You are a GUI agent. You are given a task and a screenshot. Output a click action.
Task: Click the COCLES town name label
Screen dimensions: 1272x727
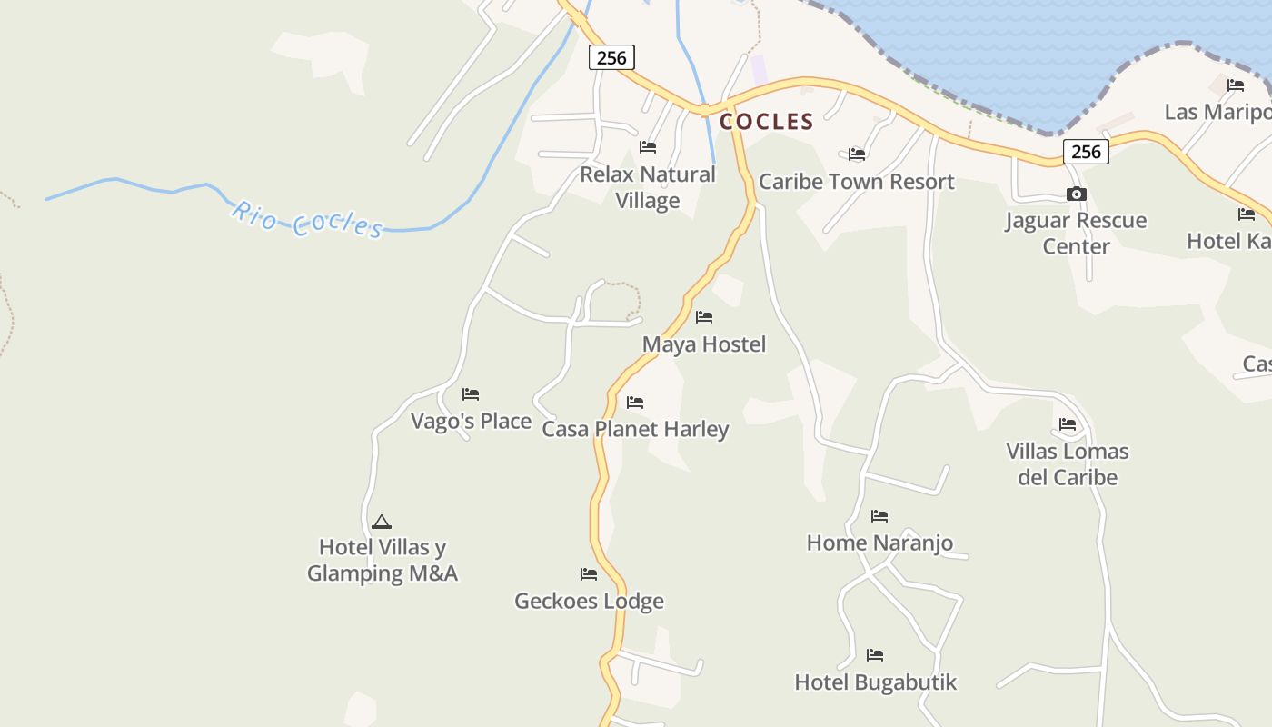(766, 122)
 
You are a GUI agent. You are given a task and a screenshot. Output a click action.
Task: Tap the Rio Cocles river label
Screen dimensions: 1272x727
(307, 219)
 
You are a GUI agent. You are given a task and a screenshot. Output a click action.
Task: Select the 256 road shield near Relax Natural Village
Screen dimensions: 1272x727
(611, 57)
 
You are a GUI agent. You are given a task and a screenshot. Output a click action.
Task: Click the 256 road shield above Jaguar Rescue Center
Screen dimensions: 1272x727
(1086, 152)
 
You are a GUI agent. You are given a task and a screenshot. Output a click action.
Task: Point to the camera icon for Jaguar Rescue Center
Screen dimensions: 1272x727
(1076, 194)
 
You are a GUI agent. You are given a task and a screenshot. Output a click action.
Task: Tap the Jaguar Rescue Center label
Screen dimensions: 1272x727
(1076, 234)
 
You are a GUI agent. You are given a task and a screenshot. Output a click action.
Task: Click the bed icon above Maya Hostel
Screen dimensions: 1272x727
(704, 317)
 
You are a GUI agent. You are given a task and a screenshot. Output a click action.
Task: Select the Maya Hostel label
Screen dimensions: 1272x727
(704, 344)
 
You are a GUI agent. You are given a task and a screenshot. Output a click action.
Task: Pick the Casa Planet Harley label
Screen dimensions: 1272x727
(635, 429)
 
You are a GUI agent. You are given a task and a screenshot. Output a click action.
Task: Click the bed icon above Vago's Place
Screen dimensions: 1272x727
(471, 394)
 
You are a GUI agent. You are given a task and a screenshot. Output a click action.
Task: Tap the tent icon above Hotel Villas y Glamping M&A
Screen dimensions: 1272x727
(382, 522)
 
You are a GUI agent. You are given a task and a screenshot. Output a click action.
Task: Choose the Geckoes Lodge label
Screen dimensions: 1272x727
(589, 601)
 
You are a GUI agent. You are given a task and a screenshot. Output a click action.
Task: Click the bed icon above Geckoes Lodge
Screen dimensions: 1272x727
(589, 574)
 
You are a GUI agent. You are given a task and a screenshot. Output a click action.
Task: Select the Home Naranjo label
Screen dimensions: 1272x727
(879, 543)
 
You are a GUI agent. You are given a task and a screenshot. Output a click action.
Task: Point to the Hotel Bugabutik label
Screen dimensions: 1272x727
(875, 682)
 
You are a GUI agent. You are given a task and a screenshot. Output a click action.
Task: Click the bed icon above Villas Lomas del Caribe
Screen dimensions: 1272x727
(1068, 424)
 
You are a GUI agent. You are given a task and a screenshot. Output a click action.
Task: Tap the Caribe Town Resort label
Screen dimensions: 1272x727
(856, 181)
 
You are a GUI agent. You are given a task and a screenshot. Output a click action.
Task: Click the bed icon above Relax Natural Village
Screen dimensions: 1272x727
(648, 146)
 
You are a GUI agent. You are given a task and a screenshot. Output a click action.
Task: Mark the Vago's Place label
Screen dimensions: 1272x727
(471, 421)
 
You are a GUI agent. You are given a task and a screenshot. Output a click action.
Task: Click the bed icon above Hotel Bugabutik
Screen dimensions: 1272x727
(875, 654)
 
